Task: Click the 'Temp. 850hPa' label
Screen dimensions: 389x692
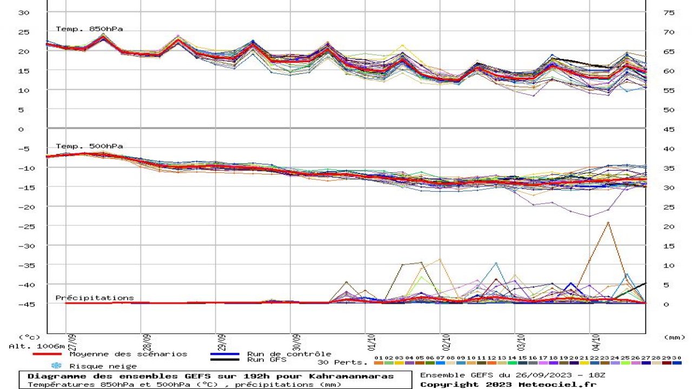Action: [89, 29]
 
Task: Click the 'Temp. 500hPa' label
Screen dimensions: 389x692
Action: [89, 146]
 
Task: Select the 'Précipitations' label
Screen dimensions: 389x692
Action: [95, 298]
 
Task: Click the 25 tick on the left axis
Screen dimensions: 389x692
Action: [23, 32]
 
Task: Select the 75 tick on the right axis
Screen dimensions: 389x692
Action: [669, 12]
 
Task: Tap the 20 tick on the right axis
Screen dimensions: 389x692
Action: [669, 226]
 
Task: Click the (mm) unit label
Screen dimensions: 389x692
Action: [674, 337]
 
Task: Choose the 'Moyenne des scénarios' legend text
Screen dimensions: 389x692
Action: [128, 354]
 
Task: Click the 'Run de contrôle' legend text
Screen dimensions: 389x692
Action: [289, 354]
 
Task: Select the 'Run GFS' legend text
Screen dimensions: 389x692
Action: [267, 359]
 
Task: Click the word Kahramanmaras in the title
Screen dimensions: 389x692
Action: [356, 376]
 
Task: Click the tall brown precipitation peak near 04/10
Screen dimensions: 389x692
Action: [608, 223]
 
